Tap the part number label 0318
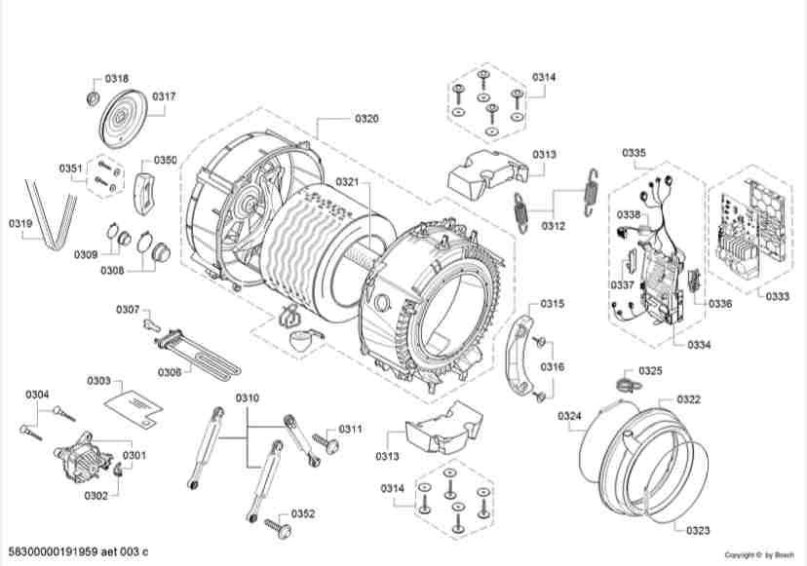tap(117, 78)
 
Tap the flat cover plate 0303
tap(133, 402)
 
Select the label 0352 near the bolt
tap(303, 514)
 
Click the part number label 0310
tap(248, 398)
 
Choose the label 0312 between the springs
tap(554, 225)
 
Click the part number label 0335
tap(634, 154)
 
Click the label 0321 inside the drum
tap(349, 182)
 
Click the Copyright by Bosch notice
tap(762, 555)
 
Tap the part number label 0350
tap(166, 160)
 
